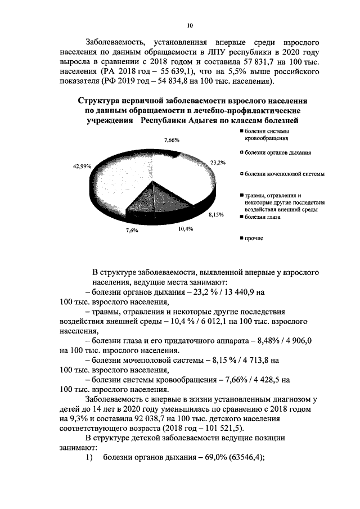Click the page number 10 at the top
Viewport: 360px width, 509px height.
point(190,25)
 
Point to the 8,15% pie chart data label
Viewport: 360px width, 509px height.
point(217,214)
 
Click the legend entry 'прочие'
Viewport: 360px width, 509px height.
point(253,238)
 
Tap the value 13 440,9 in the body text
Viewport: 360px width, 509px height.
point(235,292)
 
